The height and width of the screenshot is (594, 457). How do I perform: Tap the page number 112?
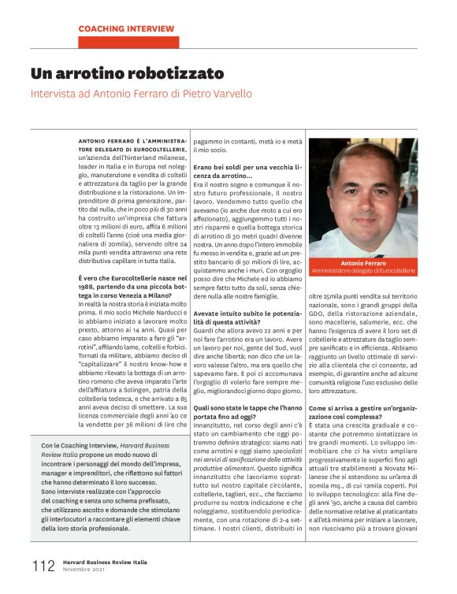click(x=43, y=566)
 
